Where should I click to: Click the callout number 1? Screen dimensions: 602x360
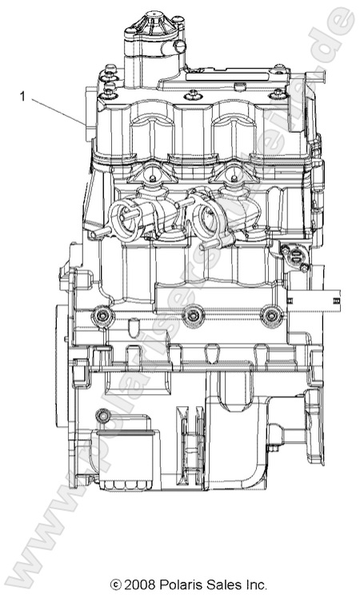click(x=23, y=97)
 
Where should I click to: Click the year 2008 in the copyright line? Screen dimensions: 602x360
click(x=140, y=586)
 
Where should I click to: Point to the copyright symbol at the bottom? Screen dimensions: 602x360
click(x=117, y=586)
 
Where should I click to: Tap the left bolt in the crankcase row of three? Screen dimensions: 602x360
click(x=102, y=317)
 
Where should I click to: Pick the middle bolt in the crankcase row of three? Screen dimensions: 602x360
click(x=190, y=317)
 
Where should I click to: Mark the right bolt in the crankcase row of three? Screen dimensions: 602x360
click(x=273, y=317)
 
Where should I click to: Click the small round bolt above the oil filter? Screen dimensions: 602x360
click(x=102, y=417)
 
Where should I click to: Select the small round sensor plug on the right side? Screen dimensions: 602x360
click(x=294, y=256)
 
